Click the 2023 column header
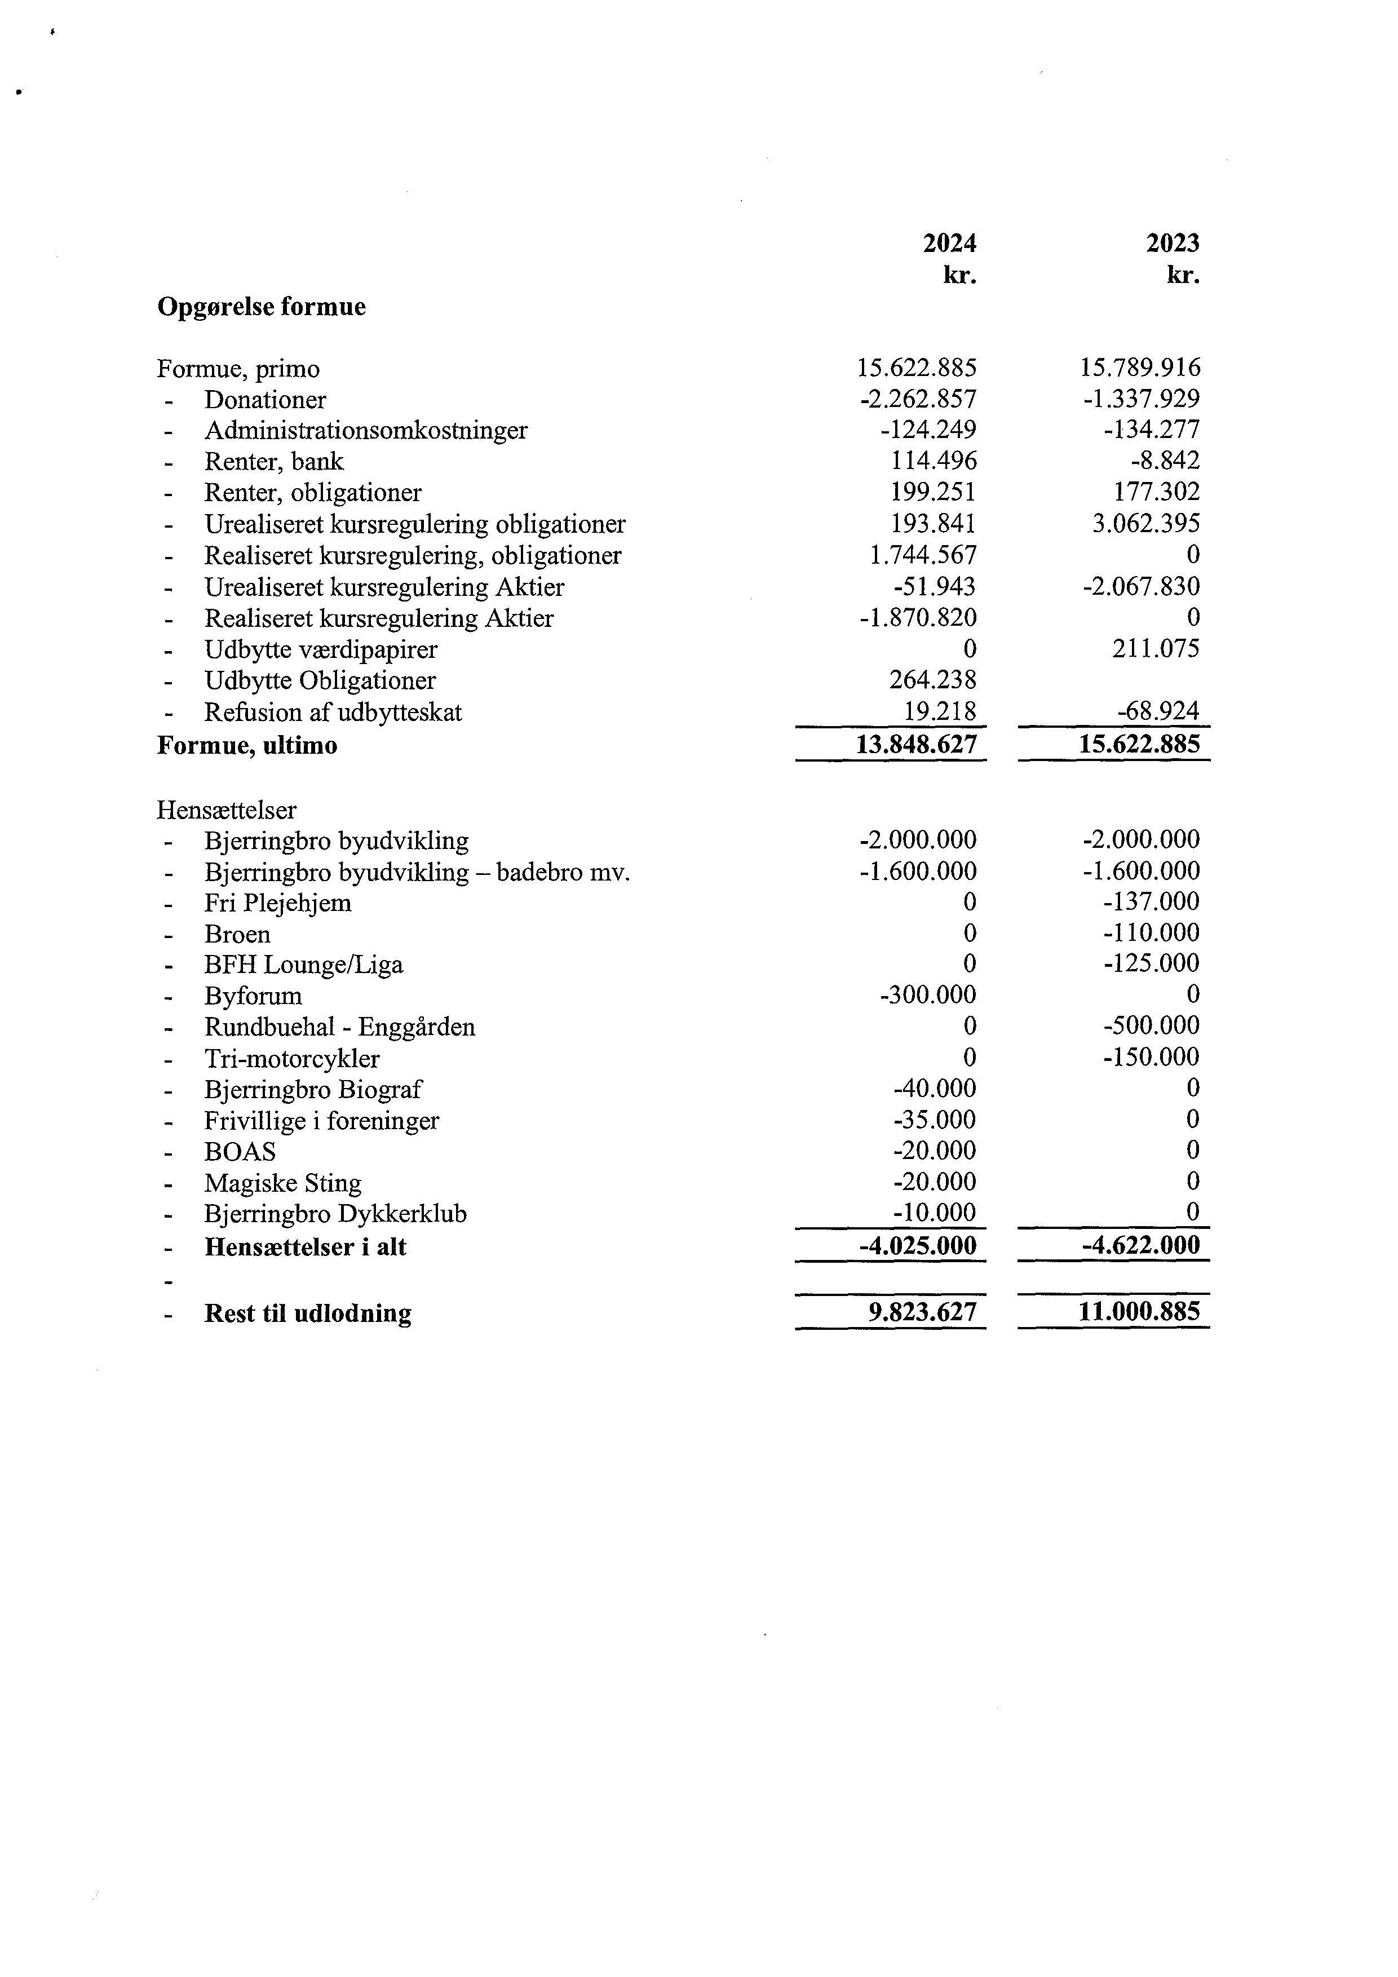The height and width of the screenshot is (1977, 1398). tap(1173, 244)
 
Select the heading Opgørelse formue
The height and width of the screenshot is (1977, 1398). tap(261, 307)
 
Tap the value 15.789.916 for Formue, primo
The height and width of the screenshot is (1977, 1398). tap(1140, 369)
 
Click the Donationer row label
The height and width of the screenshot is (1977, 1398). tap(265, 400)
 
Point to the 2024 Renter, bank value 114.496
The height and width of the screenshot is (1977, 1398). tap(934, 462)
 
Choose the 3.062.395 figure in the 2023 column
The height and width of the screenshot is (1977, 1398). tap(1146, 524)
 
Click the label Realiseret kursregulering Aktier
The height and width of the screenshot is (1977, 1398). tap(379, 618)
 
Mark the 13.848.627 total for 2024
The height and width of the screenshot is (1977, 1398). tap(917, 745)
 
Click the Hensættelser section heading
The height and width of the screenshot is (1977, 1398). tap(227, 810)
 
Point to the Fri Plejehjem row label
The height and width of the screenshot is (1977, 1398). tap(277, 903)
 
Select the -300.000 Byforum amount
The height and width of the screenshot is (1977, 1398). tap(928, 996)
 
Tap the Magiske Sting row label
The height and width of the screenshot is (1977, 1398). tap(282, 1183)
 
